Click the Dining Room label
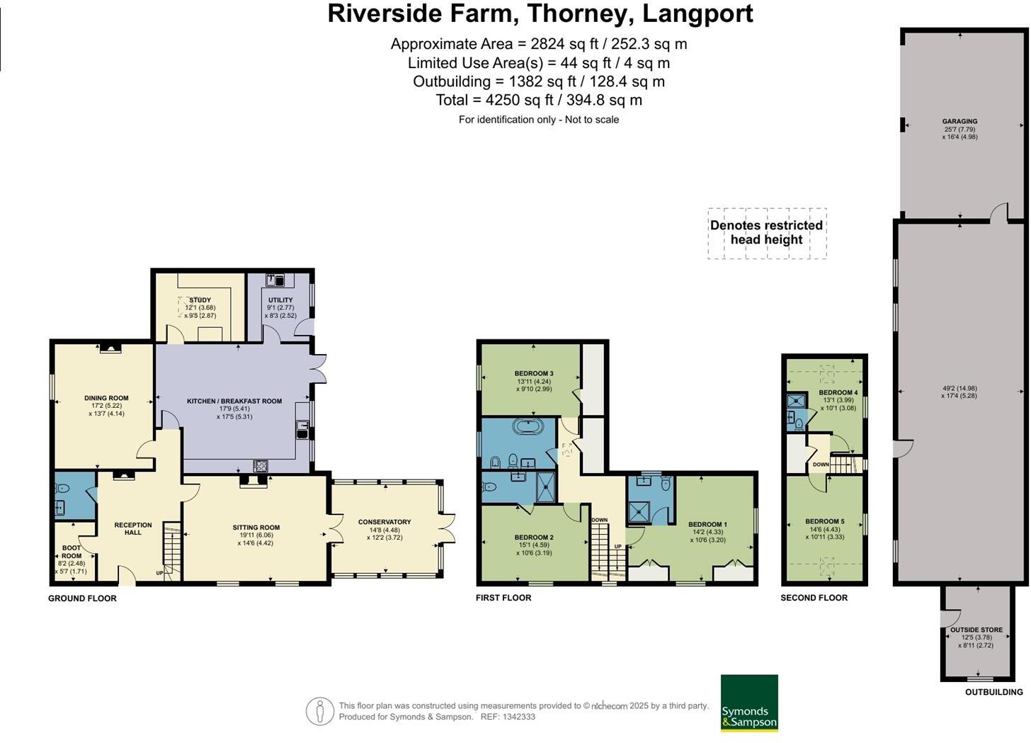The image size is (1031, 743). coord(106,398)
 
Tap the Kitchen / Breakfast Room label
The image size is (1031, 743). coord(234,401)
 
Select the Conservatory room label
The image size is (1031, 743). coord(385,522)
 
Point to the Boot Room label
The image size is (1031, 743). coord(72,552)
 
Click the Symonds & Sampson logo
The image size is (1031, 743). coord(749,703)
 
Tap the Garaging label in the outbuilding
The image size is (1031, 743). coord(959,121)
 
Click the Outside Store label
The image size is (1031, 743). coord(976,630)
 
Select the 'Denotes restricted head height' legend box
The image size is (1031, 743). coord(766,233)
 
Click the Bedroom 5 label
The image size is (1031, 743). coord(824,521)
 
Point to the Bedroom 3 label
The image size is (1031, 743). coord(534,373)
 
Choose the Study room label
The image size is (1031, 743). coord(200,300)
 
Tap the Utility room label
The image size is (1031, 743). coord(280,300)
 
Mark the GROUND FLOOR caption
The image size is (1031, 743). coord(82,599)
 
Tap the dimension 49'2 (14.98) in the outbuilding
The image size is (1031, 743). coord(959,388)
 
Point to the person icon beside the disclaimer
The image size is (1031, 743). coord(320,711)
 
